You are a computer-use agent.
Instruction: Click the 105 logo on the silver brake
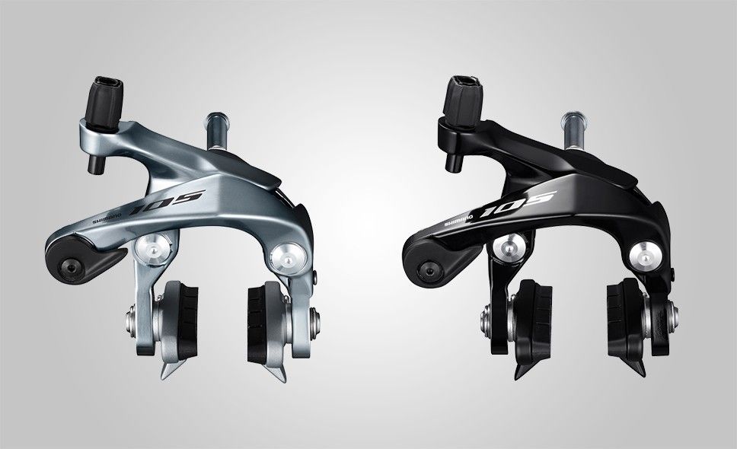pos(167,202)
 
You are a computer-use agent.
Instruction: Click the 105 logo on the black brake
pos(518,203)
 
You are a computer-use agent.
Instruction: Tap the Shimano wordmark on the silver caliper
pos(107,218)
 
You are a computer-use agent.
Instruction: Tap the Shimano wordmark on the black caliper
pos(458,219)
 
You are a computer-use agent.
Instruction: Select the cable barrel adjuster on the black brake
pos(462,103)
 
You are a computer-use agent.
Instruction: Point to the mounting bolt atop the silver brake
pos(217,131)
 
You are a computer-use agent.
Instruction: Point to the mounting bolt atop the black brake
pos(574,131)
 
